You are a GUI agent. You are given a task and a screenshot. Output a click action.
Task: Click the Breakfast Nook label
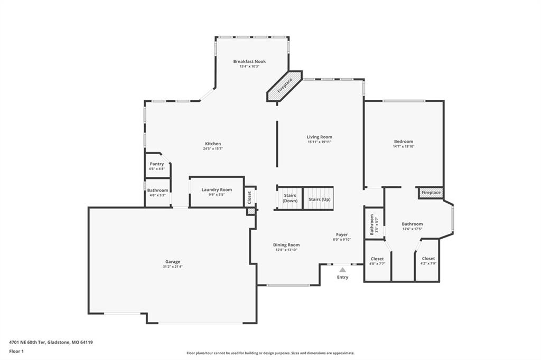tap(249, 61)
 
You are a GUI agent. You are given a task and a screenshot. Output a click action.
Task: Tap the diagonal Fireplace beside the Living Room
tap(285, 86)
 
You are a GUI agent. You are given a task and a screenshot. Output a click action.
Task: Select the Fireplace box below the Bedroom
tap(431, 193)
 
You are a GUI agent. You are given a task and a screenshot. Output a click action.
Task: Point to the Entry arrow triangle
tap(342, 270)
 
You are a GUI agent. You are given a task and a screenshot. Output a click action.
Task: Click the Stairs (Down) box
tap(290, 198)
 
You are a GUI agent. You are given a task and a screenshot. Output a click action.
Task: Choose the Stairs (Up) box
tap(319, 198)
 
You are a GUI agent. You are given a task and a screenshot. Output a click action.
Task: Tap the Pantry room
tap(157, 166)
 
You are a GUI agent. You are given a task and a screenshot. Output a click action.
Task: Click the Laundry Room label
tap(217, 190)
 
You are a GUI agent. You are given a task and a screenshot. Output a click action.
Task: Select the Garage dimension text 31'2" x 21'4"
tap(173, 267)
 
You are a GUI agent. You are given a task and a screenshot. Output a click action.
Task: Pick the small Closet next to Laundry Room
tap(250, 197)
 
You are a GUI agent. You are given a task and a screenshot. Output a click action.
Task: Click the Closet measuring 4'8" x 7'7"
tap(377, 261)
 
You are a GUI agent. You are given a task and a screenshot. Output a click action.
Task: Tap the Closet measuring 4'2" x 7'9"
tap(428, 261)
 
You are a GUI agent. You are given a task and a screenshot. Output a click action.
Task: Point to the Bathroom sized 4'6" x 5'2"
tap(157, 193)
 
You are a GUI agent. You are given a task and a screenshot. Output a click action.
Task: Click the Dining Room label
tap(286, 245)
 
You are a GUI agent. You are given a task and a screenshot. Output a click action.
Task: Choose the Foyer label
tap(342, 234)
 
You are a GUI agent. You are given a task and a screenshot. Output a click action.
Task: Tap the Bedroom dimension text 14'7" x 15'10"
tap(404, 146)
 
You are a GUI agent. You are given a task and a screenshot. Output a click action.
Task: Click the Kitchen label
tap(213, 144)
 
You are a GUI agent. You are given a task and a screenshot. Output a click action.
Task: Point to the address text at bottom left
tap(51, 343)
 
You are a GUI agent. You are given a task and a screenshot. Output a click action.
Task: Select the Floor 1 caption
tap(16, 352)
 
